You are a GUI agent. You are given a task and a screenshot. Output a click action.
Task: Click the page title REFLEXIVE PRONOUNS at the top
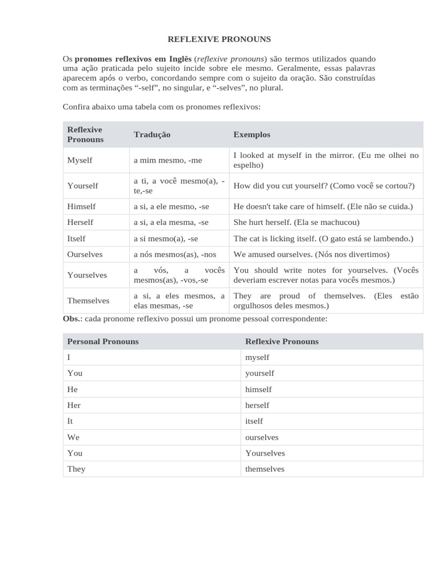tap(219, 39)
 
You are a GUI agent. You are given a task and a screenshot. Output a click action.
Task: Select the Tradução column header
tap(152, 134)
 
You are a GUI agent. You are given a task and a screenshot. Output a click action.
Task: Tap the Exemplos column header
tap(252, 134)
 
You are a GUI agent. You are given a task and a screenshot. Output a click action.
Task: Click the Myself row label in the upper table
tap(79, 160)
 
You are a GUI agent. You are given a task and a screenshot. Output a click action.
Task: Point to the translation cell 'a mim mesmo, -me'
tap(168, 160)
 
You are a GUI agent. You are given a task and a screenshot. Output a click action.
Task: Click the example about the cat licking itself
tap(323, 238)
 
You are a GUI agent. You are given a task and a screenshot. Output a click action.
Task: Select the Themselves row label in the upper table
tap(88, 300)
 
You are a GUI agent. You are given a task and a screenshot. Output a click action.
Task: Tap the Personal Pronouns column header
tap(103, 342)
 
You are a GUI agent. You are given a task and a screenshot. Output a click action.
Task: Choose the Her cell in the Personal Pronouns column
tap(74, 405)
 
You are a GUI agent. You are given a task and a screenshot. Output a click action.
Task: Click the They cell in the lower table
tap(76, 469)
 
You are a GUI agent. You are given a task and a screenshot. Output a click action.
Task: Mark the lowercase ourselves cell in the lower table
tap(262, 437)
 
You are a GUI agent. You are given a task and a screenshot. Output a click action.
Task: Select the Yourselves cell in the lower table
tap(265, 453)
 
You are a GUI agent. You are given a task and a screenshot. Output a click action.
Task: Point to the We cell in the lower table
tap(73, 437)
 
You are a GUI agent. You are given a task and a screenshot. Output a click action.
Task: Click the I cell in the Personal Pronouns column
tap(69, 357)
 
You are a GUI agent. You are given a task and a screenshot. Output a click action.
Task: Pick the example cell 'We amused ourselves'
tap(311, 254)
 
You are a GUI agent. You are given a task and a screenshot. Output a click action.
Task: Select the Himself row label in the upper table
tap(81, 206)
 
